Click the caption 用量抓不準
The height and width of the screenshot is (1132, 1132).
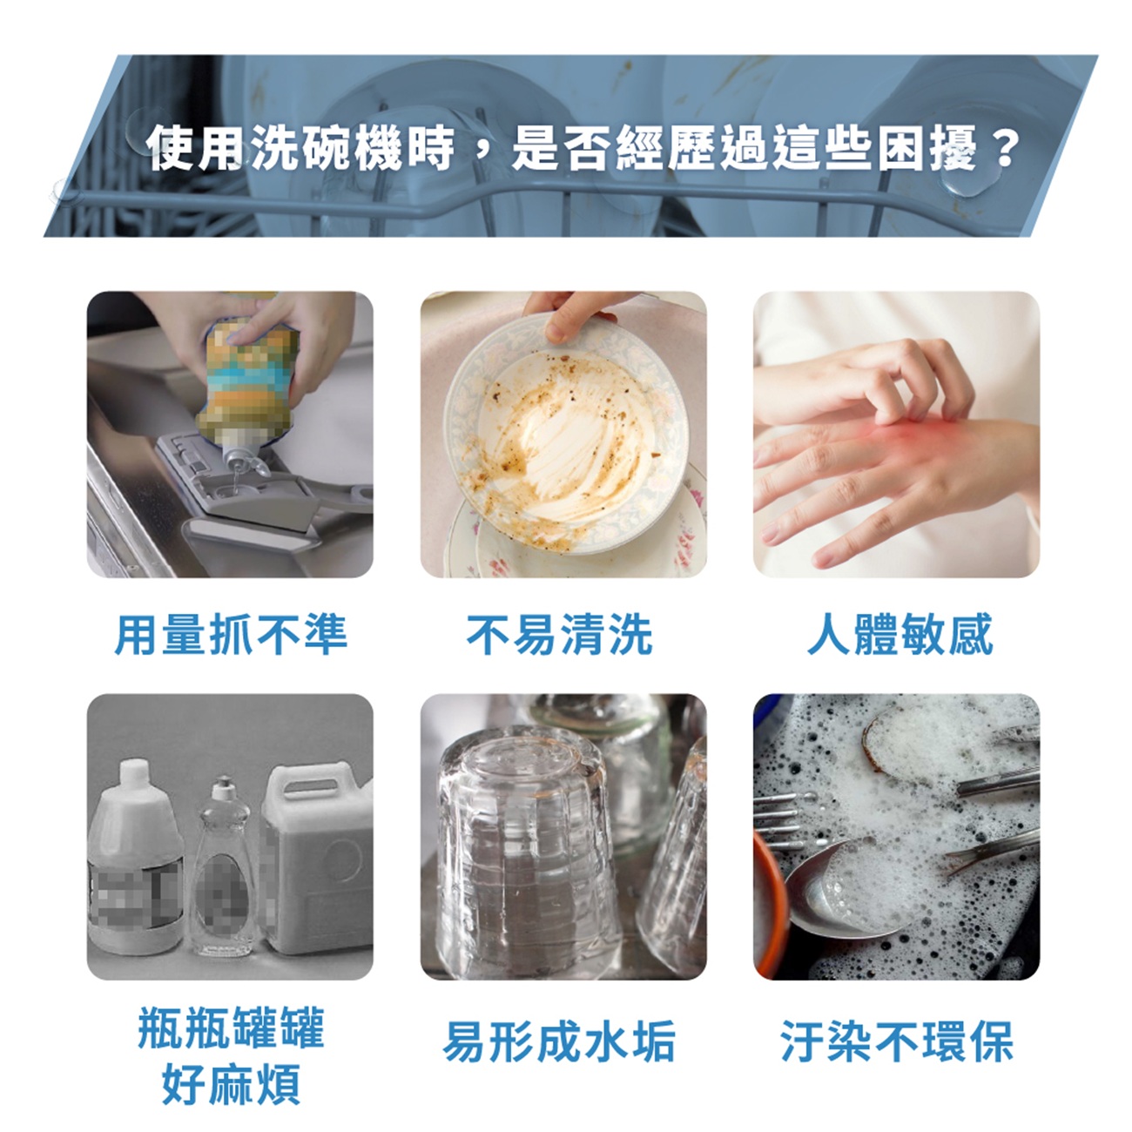pyautogui.click(x=231, y=634)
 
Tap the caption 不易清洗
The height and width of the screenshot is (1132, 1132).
pyautogui.click(x=559, y=634)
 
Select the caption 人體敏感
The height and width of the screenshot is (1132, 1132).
pyautogui.click(x=900, y=634)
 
